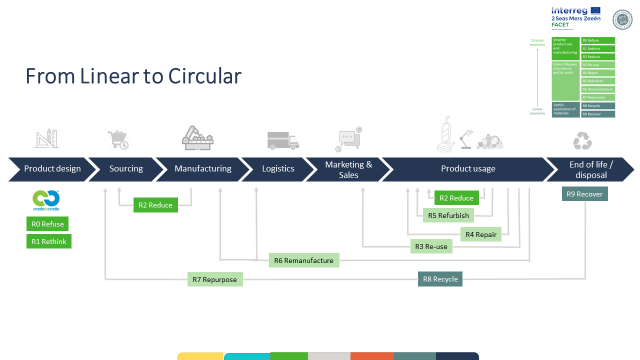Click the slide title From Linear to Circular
tap(133, 76)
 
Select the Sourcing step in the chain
tap(126, 169)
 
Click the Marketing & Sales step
tap(349, 169)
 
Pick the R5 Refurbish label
tap(446, 215)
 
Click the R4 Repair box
tap(481, 233)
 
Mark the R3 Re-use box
tap(430, 246)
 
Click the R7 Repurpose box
tap(214, 279)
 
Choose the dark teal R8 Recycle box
tap(440, 279)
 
